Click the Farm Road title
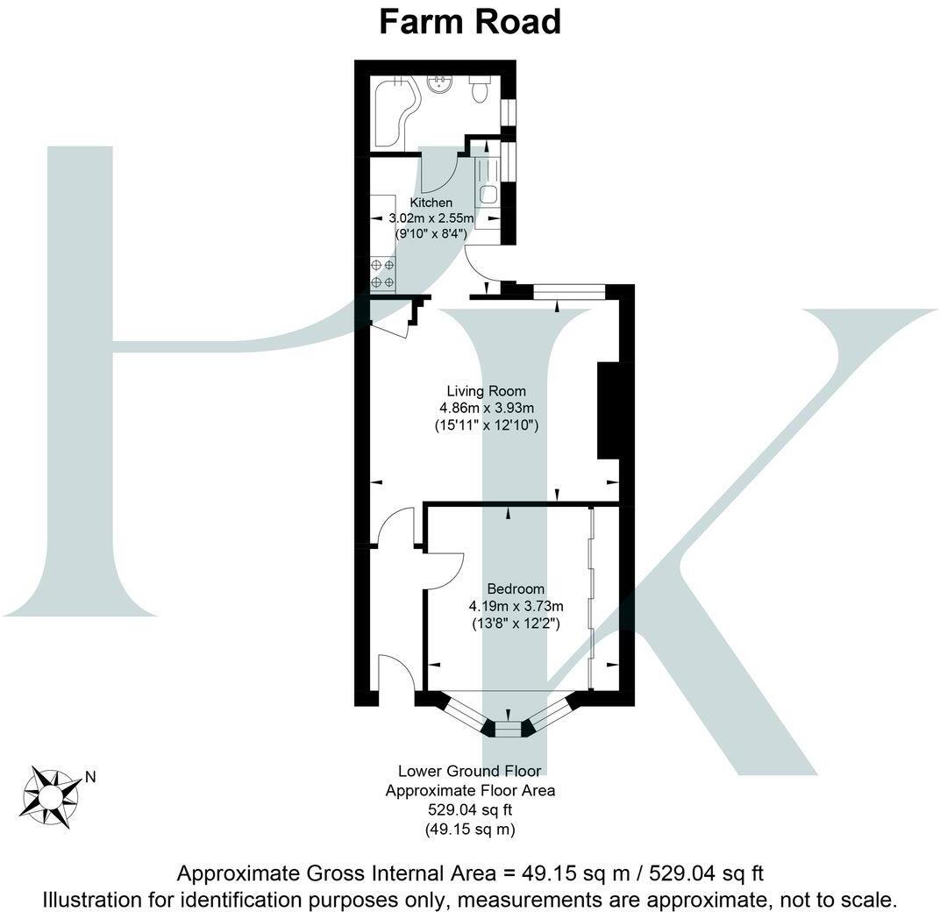(x=469, y=21)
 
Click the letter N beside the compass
(x=89, y=776)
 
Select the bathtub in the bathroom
(x=395, y=112)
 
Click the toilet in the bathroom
(x=480, y=89)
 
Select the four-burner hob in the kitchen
(x=382, y=273)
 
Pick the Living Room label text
(x=487, y=391)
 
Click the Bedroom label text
(x=516, y=589)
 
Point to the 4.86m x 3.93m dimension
(x=487, y=408)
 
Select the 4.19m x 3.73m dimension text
(x=516, y=606)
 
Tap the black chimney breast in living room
(x=608, y=410)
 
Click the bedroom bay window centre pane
(x=508, y=727)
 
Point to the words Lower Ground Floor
(x=470, y=772)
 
